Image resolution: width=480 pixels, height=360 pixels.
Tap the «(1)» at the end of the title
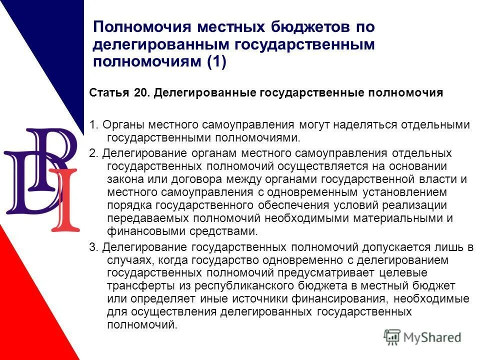click(x=214, y=61)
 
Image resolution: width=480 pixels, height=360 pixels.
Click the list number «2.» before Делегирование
click(x=93, y=153)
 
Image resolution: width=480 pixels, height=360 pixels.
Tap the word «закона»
click(x=123, y=179)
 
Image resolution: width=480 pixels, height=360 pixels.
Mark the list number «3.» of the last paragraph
click(x=93, y=247)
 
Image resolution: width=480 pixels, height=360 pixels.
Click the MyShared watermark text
click(x=433, y=337)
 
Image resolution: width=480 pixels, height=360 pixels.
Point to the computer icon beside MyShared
click(x=392, y=337)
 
